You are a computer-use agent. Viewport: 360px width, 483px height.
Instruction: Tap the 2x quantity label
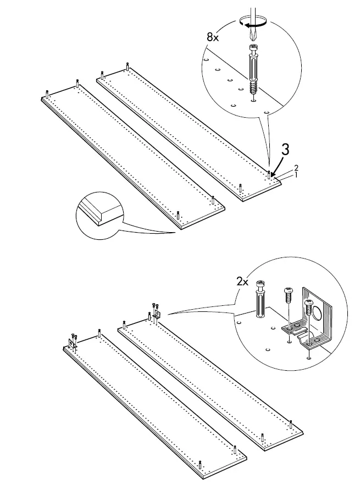(x=243, y=281)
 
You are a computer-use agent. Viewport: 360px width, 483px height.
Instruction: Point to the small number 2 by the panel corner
(x=296, y=167)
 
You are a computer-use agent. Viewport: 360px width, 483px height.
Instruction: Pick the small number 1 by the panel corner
(x=295, y=175)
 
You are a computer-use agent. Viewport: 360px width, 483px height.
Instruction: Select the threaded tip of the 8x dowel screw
(x=253, y=89)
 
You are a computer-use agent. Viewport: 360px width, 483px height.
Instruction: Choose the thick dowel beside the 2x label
(x=259, y=302)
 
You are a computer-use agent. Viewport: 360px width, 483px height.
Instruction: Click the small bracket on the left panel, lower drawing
(x=72, y=343)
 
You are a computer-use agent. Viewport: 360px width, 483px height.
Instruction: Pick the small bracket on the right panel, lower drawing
(x=156, y=314)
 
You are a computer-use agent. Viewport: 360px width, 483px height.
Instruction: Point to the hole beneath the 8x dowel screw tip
(x=253, y=100)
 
